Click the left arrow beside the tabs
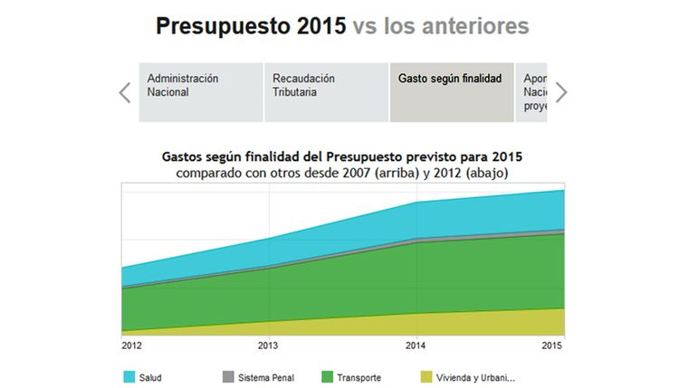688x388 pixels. point(125,92)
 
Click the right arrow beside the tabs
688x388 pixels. point(561,92)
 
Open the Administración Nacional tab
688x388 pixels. point(200,92)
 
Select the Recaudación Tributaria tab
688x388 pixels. point(326,92)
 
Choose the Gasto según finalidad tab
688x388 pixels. point(451,92)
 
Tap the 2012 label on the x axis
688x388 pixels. point(131,345)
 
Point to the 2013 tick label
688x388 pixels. point(269,345)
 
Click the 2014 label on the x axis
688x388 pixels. point(416,345)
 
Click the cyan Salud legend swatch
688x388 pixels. point(129,377)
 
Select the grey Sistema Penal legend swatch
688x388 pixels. point(228,377)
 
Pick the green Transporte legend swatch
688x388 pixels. point(327,377)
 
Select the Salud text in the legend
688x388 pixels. point(151,377)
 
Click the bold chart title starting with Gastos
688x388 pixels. point(341,156)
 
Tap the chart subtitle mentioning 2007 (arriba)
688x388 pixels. point(341,172)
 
